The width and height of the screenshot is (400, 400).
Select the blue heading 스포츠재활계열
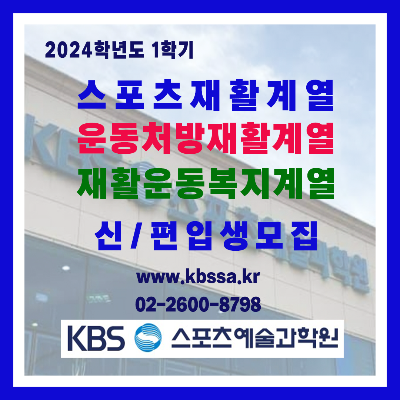click(x=206, y=95)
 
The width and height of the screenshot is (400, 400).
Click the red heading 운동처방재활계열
click(x=206, y=138)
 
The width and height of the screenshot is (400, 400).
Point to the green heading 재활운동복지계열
click(x=206, y=183)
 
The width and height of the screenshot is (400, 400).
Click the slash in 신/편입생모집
click(x=136, y=236)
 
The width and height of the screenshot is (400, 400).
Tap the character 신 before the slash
click(x=108, y=236)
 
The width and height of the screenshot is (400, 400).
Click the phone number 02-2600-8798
click(x=198, y=304)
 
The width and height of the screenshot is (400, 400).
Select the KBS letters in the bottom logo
click(x=96, y=338)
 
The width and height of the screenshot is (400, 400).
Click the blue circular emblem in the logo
click(x=148, y=337)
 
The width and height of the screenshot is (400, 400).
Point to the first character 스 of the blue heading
click(x=91, y=95)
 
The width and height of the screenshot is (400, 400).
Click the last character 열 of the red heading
click(x=320, y=138)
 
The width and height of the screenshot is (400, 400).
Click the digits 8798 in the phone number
click(x=240, y=304)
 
